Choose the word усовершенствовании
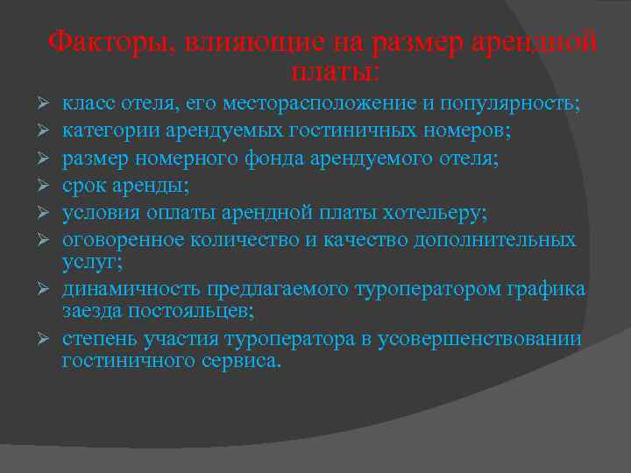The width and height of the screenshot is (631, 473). tap(479, 339)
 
